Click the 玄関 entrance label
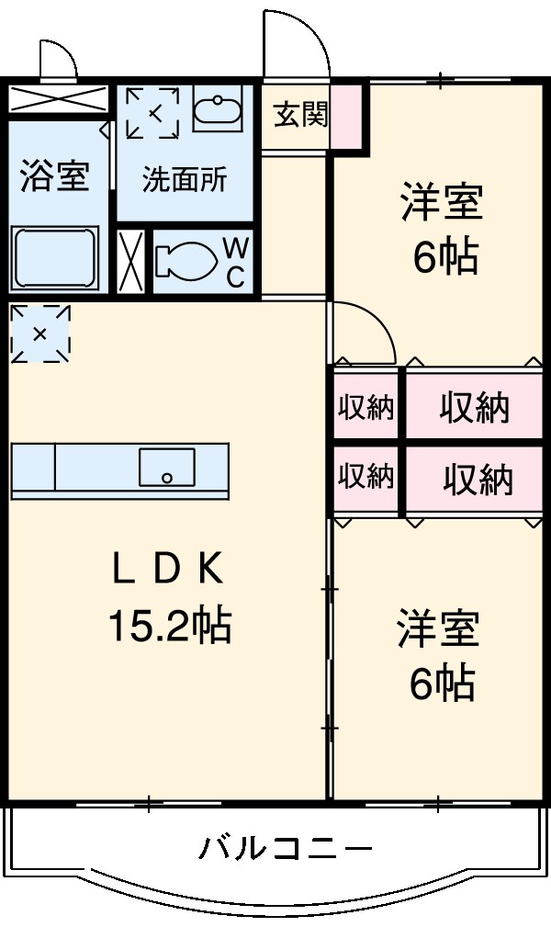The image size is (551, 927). click(298, 117)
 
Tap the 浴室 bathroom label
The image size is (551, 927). click(54, 176)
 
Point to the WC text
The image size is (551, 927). click(235, 261)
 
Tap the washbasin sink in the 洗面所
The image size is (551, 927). click(217, 109)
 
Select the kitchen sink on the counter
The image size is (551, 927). click(166, 467)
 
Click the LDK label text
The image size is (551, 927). click(167, 571)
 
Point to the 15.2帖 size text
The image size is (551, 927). click(169, 627)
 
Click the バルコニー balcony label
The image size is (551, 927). click(286, 847)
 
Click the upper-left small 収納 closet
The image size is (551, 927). click(366, 407)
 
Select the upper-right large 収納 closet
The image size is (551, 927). click(473, 407)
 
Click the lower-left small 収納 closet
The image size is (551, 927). click(366, 477)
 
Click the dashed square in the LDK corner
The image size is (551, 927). click(39, 333)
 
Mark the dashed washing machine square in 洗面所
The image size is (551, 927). click(153, 113)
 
